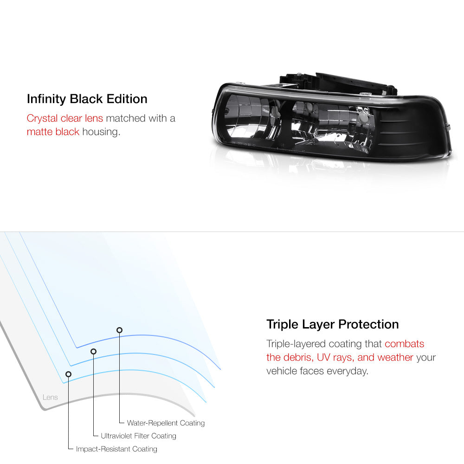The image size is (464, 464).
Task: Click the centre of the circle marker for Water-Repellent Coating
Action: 120,330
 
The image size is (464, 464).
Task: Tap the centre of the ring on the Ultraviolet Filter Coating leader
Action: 94,351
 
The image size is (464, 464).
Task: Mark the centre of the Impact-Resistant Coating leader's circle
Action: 68,374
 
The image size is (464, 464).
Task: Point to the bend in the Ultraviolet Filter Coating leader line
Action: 94,436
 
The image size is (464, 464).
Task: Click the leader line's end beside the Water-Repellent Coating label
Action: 124,423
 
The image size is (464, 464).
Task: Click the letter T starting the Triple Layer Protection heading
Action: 270,324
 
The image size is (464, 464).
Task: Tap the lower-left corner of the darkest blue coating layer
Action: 77,348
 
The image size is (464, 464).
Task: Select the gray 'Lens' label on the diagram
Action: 50,397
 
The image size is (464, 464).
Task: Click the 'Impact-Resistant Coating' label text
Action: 116,449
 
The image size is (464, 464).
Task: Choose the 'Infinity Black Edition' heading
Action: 87,99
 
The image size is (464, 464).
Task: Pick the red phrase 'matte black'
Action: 53,132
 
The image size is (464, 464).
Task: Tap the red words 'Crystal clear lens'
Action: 65,118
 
